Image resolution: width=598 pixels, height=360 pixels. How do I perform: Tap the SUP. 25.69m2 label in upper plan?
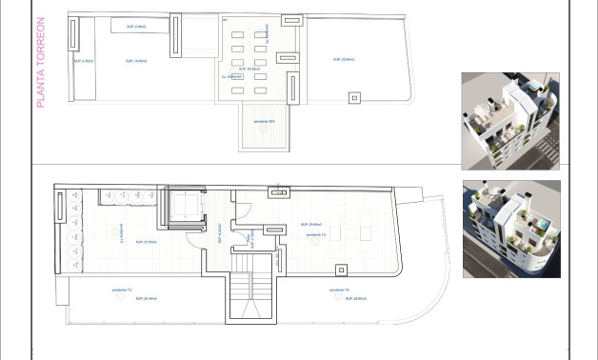click(344, 59)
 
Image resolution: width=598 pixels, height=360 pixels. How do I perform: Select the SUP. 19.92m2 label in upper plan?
click(135, 60)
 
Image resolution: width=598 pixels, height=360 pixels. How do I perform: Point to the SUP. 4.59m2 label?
click(83, 60)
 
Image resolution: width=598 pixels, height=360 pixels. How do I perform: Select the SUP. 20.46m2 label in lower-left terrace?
click(119, 298)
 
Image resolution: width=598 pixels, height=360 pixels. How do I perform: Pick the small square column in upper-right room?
click(354, 96)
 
